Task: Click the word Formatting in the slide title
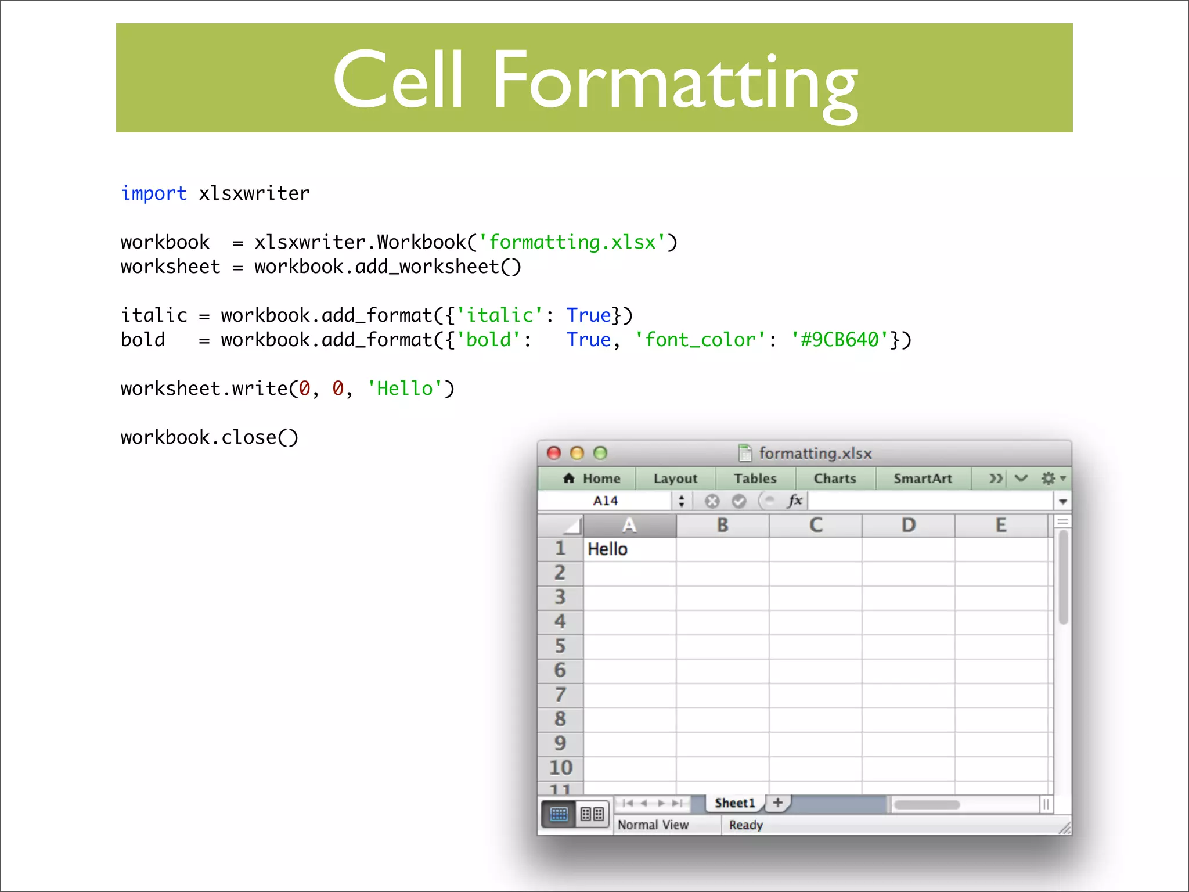[675, 81]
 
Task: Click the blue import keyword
[154, 193]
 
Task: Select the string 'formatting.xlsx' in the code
[572, 242]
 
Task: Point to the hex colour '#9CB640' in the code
[839, 340]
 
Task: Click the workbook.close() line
[209, 437]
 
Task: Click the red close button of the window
[554, 453]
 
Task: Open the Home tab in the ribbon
[592, 479]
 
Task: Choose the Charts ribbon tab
[835, 479]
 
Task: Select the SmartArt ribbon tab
[923, 479]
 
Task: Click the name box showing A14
[605, 501]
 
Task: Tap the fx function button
[795, 501]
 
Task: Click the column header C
[816, 526]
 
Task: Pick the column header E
[1001, 526]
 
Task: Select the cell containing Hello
[629, 549]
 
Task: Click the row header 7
[560, 695]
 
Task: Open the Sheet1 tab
[735, 803]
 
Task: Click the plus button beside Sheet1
[778, 803]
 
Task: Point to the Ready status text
[746, 825]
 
